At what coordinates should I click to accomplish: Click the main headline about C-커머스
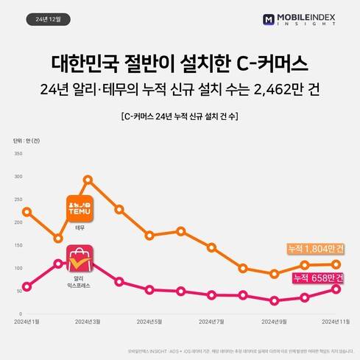(x=180, y=62)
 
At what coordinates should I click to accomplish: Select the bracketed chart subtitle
(x=180, y=116)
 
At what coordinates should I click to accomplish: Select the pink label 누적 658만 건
(x=317, y=277)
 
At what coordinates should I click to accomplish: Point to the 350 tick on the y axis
(x=18, y=153)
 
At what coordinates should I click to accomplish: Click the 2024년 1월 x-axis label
(x=27, y=321)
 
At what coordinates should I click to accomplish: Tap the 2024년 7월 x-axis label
(x=211, y=321)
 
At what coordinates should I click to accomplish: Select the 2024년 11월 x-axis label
(x=335, y=321)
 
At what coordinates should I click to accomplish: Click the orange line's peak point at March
(x=88, y=179)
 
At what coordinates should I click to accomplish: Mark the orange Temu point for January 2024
(x=27, y=212)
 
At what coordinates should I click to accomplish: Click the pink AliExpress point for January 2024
(x=27, y=286)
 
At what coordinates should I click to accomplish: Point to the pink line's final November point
(x=336, y=289)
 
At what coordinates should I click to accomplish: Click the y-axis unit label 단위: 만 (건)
(x=27, y=140)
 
